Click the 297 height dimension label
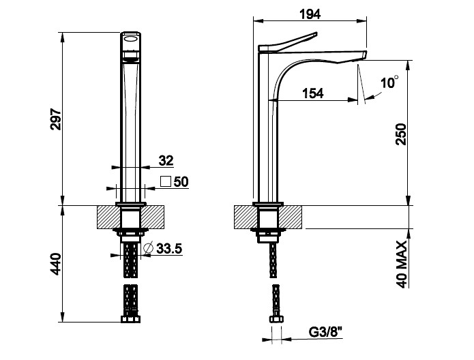point(56,119)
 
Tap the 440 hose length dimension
point(56,264)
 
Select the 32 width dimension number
point(166,160)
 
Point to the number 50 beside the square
point(181,181)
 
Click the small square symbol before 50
point(166,181)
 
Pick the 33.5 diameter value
point(169,248)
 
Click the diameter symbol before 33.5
point(149,248)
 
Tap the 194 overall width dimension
point(310,14)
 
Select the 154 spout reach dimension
point(313,93)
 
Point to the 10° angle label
point(389,82)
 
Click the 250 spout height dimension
point(402,134)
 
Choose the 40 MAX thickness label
point(402,265)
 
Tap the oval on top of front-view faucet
point(131,38)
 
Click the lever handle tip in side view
point(315,34)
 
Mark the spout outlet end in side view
point(364,55)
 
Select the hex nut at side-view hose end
point(277,319)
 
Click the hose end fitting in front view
point(130,319)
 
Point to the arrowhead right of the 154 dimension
point(353,100)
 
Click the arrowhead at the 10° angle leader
point(370,97)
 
